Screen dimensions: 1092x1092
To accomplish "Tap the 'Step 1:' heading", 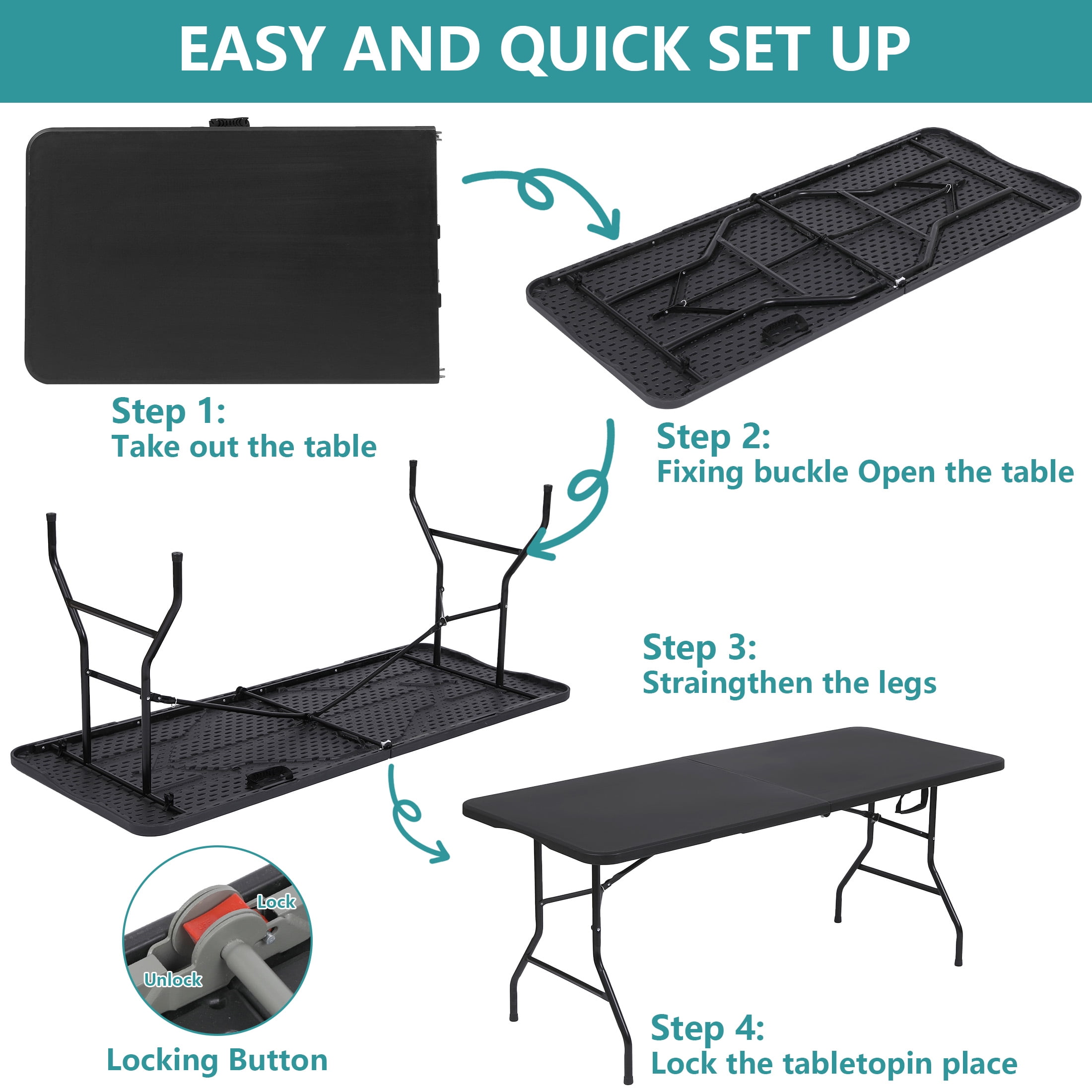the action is pyautogui.click(x=168, y=411).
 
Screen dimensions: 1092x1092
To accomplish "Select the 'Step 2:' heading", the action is pyautogui.click(x=713, y=437).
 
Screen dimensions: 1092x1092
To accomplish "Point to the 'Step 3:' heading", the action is pyautogui.click(x=700, y=648).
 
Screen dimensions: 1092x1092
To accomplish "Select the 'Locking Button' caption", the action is pyautogui.click(x=217, y=1060).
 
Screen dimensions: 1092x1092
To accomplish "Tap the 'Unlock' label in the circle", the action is pyautogui.click(x=173, y=979).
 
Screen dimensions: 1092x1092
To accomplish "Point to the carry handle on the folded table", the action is pyautogui.click(x=229, y=123).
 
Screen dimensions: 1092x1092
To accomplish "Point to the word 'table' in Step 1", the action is pyautogui.click(x=341, y=447).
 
